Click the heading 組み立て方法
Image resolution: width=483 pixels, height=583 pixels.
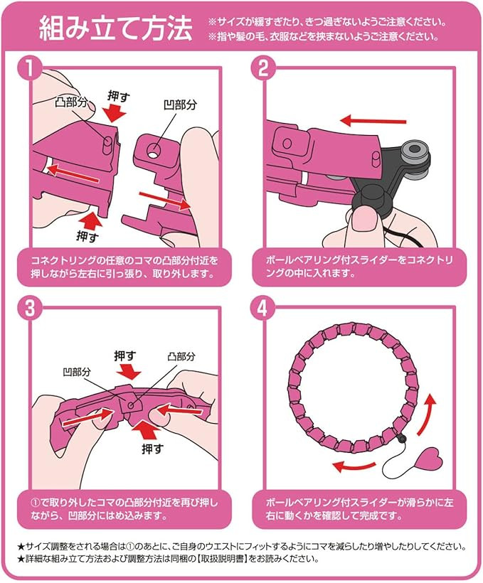116,28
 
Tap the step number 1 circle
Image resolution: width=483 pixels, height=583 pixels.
29,68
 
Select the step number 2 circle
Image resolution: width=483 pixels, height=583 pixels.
263,68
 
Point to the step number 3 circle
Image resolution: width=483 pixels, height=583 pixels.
29,308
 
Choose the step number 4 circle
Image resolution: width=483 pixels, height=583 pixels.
263,308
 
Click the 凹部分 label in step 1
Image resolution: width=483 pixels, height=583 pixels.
180,105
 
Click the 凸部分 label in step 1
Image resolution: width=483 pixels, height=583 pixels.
71,102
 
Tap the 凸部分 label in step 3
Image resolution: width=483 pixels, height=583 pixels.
181,357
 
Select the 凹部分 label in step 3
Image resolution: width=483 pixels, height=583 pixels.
77,371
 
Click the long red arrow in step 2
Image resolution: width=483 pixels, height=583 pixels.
373,120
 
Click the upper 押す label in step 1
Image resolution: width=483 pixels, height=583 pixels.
118,96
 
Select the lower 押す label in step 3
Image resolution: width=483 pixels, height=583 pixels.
152,449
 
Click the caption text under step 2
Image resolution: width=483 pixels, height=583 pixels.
359,266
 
